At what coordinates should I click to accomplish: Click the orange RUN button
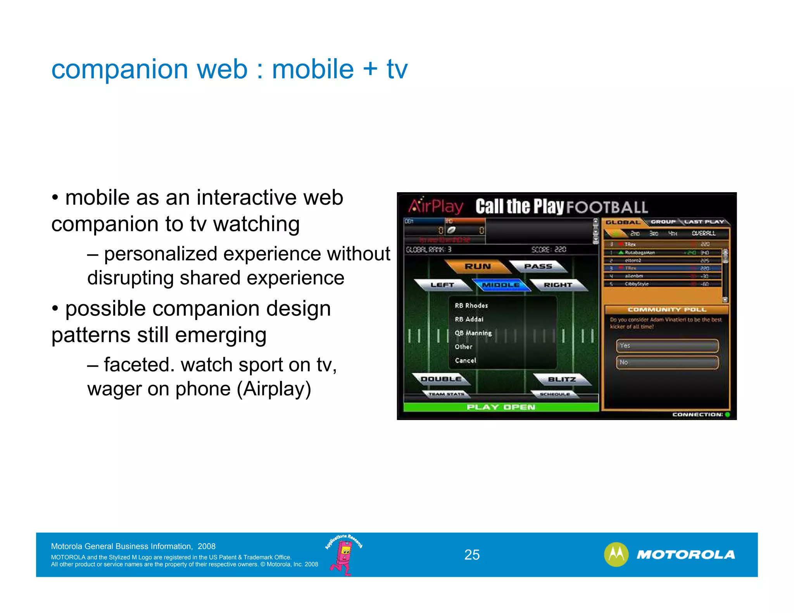pyautogui.click(x=478, y=267)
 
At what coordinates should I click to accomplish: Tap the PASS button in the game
pyautogui.click(x=538, y=267)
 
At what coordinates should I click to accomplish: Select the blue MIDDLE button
pyautogui.click(x=501, y=285)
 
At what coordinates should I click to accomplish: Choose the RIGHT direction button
pyautogui.click(x=558, y=285)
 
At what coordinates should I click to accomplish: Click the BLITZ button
pyautogui.click(x=562, y=379)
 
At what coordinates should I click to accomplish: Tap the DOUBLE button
pyautogui.click(x=441, y=379)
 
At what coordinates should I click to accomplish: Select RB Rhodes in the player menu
pyautogui.click(x=471, y=306)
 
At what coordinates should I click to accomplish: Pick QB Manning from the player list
pyautogui.click(x=473, y=333)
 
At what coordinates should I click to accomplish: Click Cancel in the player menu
pyautogui.click(x=465, y=361)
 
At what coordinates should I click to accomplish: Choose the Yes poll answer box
pyautogui.click(x=667, y=346)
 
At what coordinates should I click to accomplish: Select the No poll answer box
pyautogui.click(x=667, y=363)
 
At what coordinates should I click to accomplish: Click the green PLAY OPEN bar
pyautogui.click(x=501, y=407)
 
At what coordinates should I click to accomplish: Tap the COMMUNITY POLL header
pyautogui.click(x=667, y=310)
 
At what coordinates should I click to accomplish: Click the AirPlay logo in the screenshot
pyautogui.click(x=435, y=206)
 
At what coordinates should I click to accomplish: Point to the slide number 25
pyautogui.click(x=472, y=555)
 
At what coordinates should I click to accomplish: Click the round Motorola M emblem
pyautogui.click(x=616, y=554)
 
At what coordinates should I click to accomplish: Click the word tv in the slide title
pyautogui.click(x=397, y=70)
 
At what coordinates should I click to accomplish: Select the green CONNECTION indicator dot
pyautogui.click(x=727, y=415)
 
